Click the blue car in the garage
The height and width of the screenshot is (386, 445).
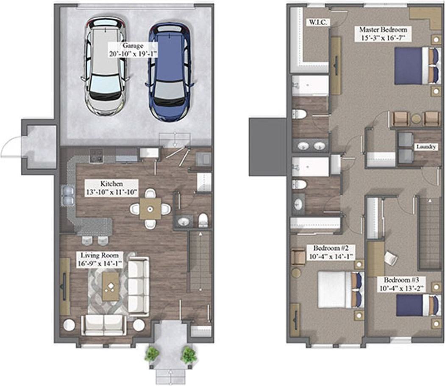170,72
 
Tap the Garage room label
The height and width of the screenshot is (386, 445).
133,50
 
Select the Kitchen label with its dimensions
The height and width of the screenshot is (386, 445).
111,188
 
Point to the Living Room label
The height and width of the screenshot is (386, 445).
100,259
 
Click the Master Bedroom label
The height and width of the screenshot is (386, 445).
383,34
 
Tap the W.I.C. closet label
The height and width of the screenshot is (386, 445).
318,22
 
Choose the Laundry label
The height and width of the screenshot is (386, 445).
426,147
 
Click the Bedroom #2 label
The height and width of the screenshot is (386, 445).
331,252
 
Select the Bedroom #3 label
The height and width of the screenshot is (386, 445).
402,284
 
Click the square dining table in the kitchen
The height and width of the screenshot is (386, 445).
150,209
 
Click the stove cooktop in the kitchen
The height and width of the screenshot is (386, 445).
96,156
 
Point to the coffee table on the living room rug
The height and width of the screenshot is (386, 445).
110,287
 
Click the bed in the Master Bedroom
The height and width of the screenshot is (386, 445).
416,66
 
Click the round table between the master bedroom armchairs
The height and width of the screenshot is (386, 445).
416,118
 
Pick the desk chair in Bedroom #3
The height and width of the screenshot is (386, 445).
390,258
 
